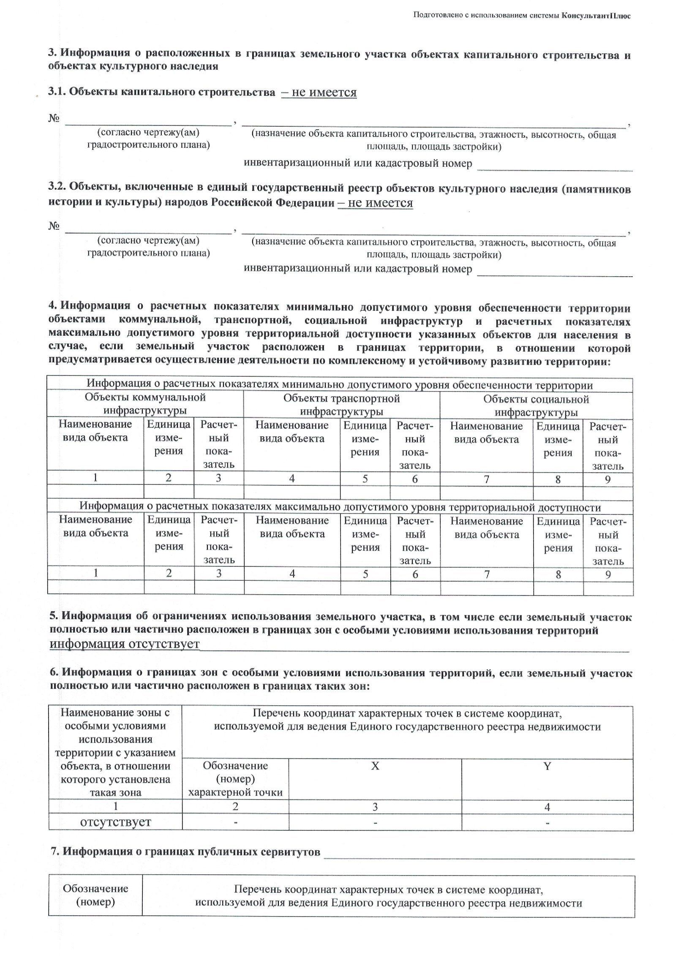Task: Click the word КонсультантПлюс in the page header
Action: [x=596, y=16]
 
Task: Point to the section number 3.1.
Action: [x=57, y=92]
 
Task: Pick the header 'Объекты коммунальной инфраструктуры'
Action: [x=145, y=404]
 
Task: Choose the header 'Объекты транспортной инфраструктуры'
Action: [x=341, y=405]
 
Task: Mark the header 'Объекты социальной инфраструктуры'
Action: [x=536, y=405]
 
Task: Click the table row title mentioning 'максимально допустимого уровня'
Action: [x=340, y=507]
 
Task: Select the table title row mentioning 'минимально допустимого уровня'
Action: [x=340, y=385]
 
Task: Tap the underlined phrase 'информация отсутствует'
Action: [x=124, y=644]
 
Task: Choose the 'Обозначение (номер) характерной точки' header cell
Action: [x=235, y=778]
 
